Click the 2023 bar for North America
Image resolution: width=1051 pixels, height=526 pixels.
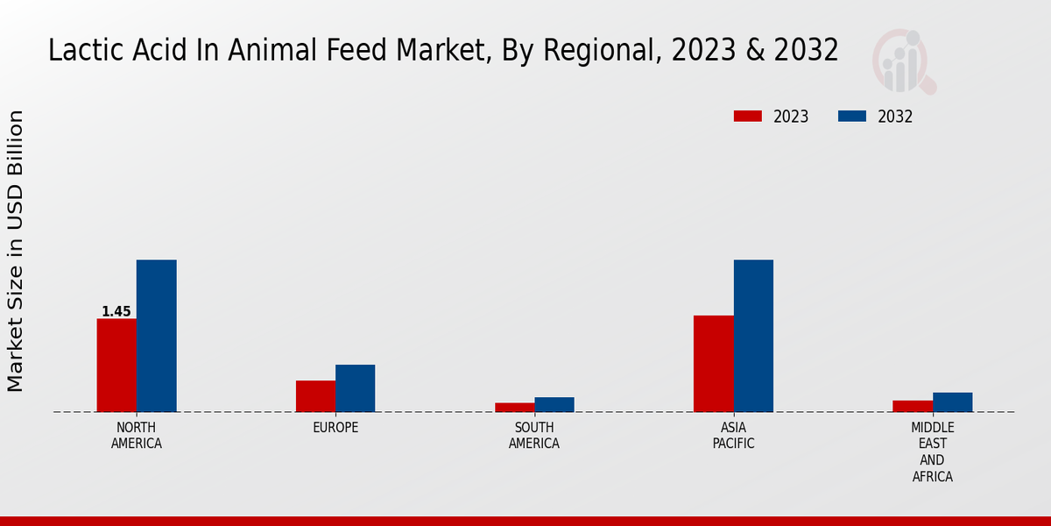(116, 365)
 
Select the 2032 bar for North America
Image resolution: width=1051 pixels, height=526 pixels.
(156, 336)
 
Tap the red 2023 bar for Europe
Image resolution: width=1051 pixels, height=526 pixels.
(315, 396)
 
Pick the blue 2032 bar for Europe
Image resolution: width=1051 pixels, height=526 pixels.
(355, 388)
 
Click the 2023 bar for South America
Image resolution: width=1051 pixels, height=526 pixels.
(514, 408)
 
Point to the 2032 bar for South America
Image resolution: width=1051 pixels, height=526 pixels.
(554, 404)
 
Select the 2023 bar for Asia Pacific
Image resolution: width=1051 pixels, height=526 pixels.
(713, 364)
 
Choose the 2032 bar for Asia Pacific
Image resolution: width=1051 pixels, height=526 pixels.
(753, 336)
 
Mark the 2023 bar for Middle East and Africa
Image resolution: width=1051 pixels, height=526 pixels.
(913, 406)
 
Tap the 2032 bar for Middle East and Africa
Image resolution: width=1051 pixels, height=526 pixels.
(952, 402)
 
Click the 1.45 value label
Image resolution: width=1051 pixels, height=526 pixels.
(116, 312)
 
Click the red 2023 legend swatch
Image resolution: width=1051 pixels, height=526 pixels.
(748, 117)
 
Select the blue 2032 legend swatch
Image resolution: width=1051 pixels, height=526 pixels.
(852, 117)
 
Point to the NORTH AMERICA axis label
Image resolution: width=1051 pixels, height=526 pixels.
(137, 436)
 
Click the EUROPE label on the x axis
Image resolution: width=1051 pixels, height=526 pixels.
(335, 428)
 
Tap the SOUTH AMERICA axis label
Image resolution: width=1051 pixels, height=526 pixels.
(534, 436)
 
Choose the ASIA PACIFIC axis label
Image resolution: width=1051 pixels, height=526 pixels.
(733, 436)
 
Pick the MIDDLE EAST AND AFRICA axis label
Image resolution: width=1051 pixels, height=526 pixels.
(932, 452)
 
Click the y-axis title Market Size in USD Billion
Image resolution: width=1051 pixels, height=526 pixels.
(16, 251)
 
